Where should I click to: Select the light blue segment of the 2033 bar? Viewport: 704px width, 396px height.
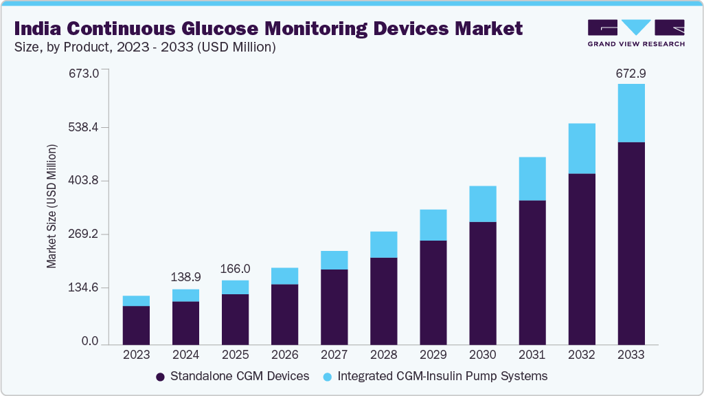(x=631, y=113)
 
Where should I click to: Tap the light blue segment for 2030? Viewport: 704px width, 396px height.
(x=483, y=203)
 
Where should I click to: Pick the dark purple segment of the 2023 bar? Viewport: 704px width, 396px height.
(x=136, y=324)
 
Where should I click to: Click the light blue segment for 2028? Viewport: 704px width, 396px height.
(x=384, y=244)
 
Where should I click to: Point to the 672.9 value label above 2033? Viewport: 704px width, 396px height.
(x=631, y=73)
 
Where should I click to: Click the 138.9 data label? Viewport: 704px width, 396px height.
(x=185, y=276)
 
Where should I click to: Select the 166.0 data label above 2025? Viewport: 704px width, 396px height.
(x=235, y=269)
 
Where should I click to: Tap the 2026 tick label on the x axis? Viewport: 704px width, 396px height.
(x=284, y=355)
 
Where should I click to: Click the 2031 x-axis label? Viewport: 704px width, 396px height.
(x=532, y=355)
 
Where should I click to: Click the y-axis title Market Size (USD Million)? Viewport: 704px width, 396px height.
(x=52, y=207)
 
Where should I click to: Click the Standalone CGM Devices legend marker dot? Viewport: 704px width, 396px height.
(x=160, y=377)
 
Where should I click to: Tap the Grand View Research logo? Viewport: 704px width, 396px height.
(x=636, y=32)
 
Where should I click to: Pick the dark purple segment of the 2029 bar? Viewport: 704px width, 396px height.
(x=433, y=292)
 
